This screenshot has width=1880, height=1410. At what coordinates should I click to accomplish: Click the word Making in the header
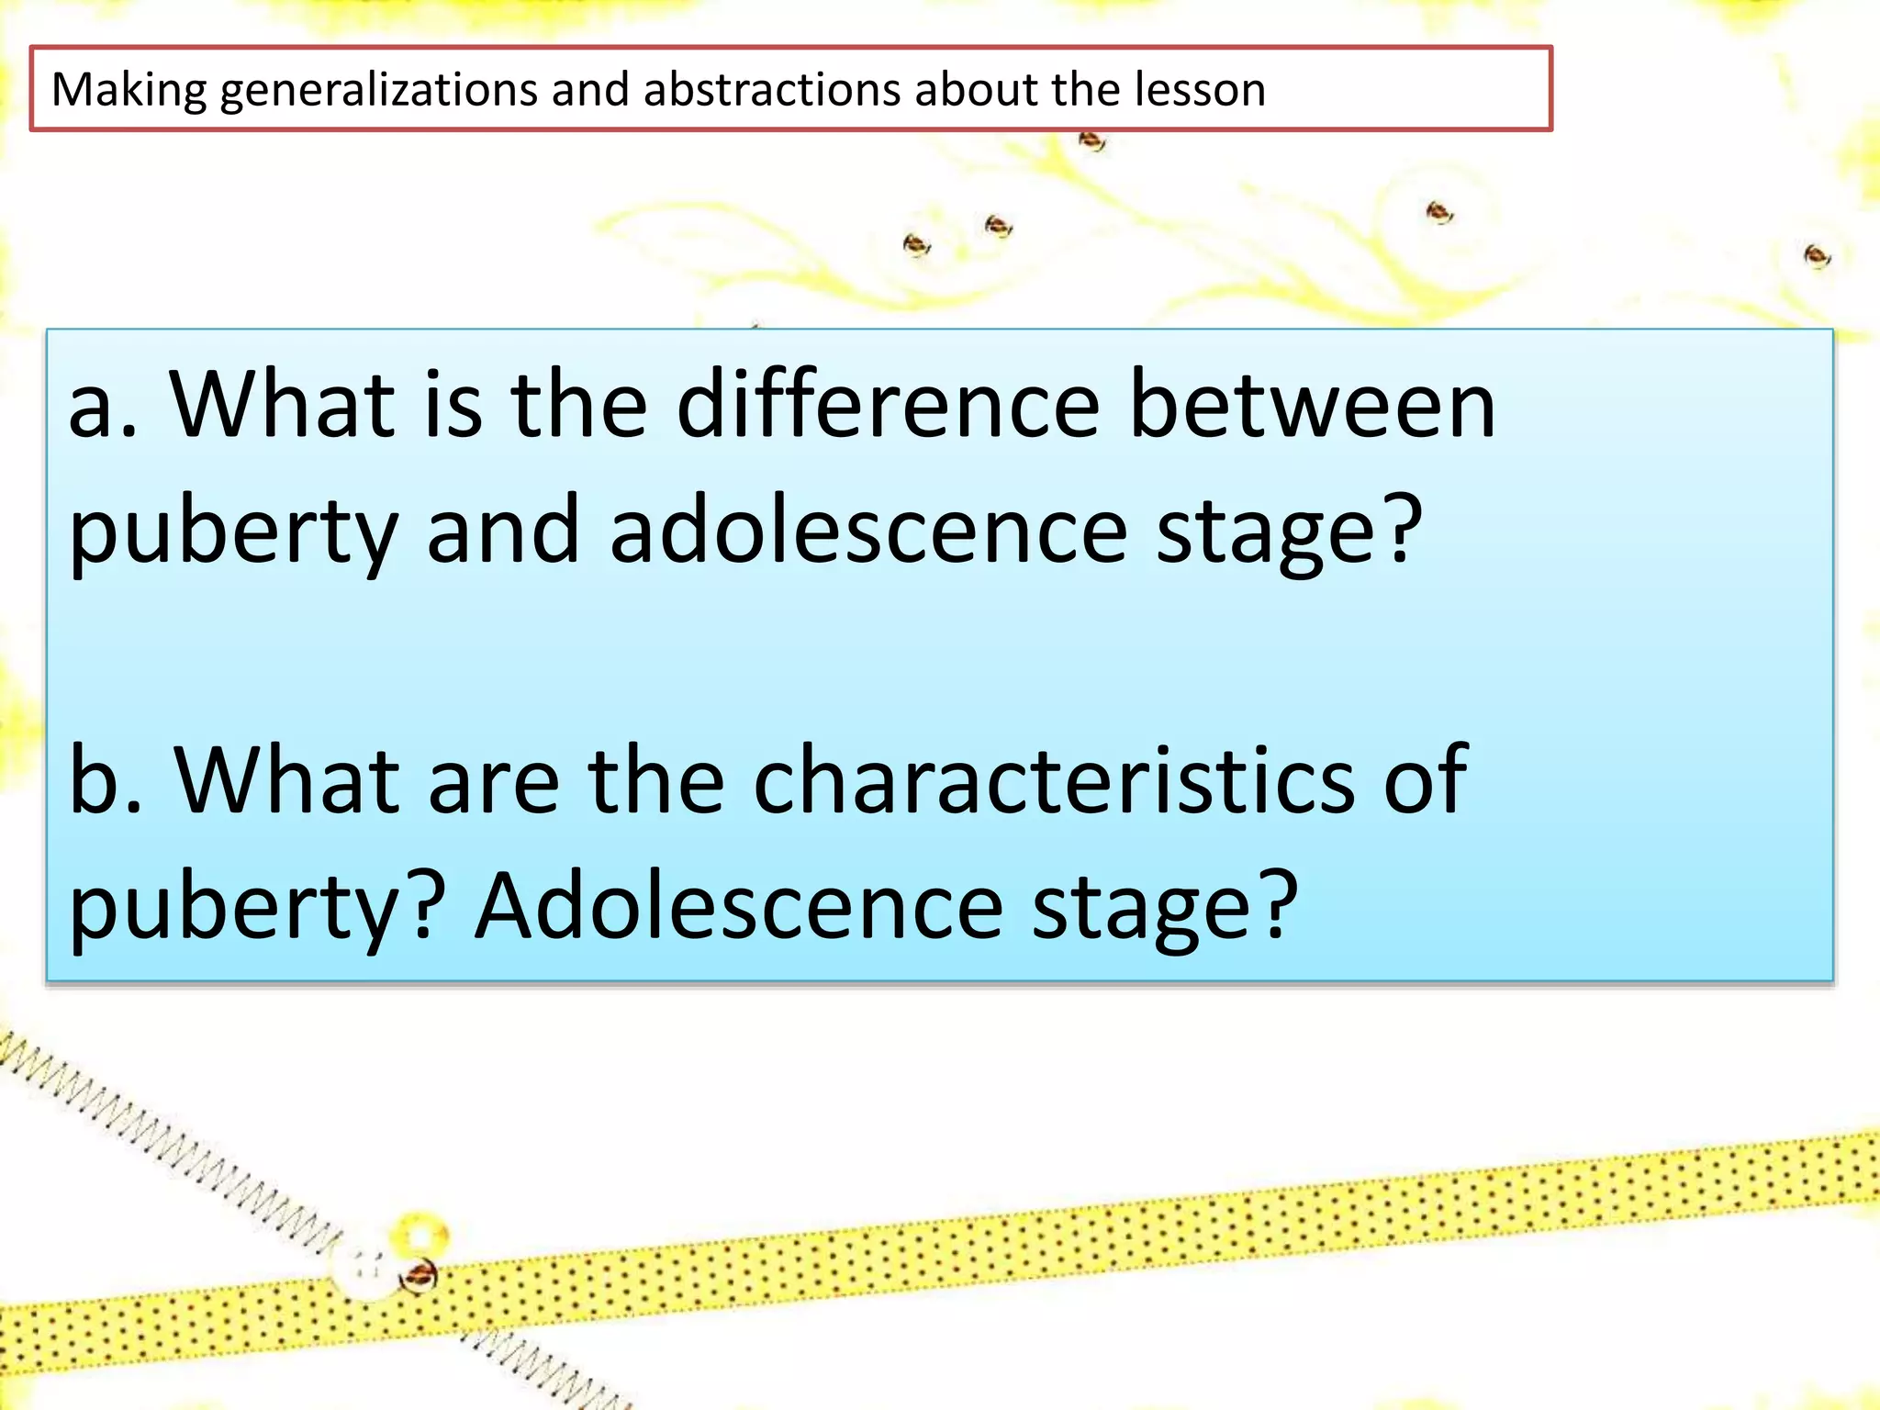129,90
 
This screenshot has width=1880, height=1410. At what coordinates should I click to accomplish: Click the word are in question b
494,782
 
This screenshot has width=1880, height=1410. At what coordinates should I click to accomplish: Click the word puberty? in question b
257,911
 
